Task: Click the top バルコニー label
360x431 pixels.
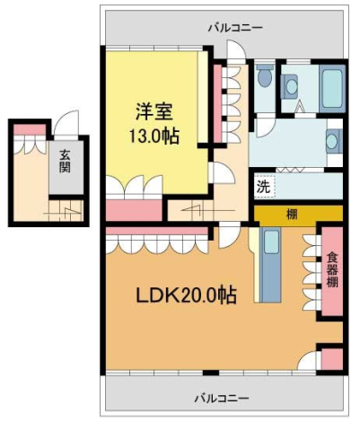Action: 234,28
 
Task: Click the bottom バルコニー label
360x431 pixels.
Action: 221,397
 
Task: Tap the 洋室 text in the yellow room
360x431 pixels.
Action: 153,114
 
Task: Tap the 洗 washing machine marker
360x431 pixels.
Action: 263,188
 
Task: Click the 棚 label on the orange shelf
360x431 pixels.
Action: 293,215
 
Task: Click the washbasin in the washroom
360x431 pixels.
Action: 333,142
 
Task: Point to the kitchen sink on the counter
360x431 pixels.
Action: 271,242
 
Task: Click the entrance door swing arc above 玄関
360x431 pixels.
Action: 66,124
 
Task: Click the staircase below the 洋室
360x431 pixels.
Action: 189,210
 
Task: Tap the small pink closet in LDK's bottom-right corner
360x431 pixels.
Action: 332,358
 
